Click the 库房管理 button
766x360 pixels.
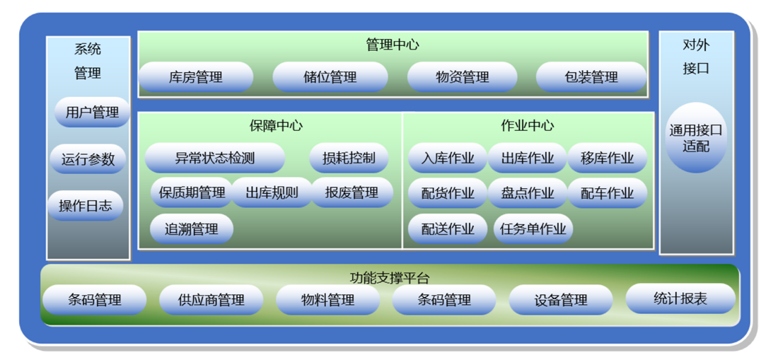tap(196, 77)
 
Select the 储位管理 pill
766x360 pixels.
tap(330, 77)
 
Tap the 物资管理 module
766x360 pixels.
tap(463, 77)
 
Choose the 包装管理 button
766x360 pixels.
tap(591, 77)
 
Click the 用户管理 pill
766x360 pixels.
tap(92, 112)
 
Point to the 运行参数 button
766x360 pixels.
tap(88, 159)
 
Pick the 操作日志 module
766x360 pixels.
tap(86, 206)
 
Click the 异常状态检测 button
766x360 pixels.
tap(215, 158)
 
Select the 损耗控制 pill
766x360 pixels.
tap(349, 158)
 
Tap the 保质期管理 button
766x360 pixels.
tap(192, 192)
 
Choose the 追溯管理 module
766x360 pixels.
tap(192, 228)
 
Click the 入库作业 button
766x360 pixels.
tap(448, 158)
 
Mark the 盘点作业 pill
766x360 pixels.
tap(528, 192)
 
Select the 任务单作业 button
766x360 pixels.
tap(533, 228)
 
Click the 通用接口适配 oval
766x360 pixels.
tap(696, 138)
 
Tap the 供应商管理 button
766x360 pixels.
tap(211, 300)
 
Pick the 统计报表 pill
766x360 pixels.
tap(680, 298)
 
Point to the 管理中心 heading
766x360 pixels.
tap(393, 45)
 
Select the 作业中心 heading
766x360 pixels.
tap(528, 126)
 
